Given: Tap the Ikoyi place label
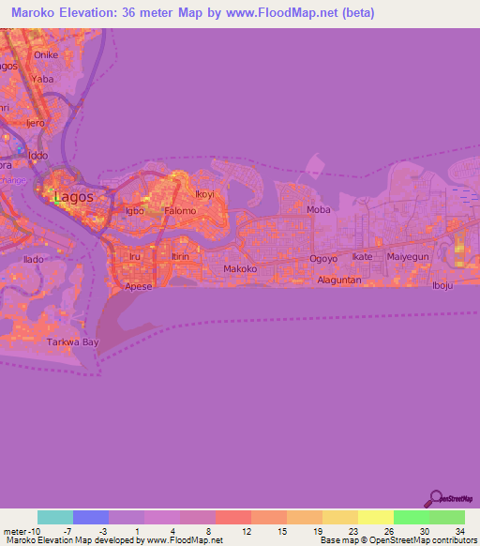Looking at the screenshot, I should [x=204, y=195].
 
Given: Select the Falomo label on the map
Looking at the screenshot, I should [x=180, y=211].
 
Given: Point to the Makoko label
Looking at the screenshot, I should [x=240, y=269].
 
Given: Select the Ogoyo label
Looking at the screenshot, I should [x=323, y=257].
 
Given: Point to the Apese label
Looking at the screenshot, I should [x=138, y=287].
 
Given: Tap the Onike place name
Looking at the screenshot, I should [x=45, y=54].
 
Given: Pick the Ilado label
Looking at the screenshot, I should [x=35, y=258].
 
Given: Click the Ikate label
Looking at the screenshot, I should [x=362, y=257].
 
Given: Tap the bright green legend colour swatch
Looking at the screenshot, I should [x=411, y=517].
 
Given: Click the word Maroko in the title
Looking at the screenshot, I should [x=36, y=12].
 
